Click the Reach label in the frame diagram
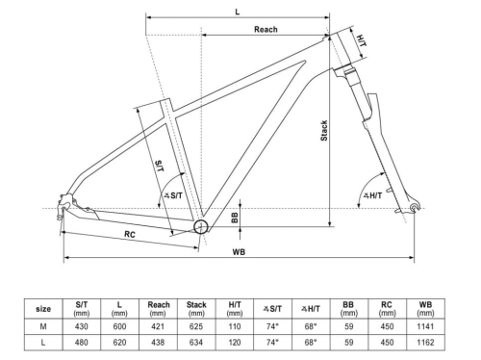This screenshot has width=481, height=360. pyautogui.click(x=266, y=30)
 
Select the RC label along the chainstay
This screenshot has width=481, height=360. pyautogui.click(x=128, y=235)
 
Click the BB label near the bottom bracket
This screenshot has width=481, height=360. pyautogui.click(x=234, y=217)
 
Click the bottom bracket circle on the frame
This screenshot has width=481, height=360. pyautogui.click(x=201, y=226)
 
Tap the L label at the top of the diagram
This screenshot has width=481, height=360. pyautogui.click(x=237, y=11)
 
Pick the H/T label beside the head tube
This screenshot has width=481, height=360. pyautogui.click(x=360, y=41)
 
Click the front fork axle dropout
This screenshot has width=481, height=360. pyautogui.click(x=416, y=208)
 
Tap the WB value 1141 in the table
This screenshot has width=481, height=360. pyautogui.click(x=425, y=328)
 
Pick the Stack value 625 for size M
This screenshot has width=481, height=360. pyautogui.click(x=196, y=328)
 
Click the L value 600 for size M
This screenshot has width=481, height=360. pyautogui.click(x=120, y=328)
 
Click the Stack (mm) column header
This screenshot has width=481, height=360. pyautogui.click(x=196, y=308)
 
